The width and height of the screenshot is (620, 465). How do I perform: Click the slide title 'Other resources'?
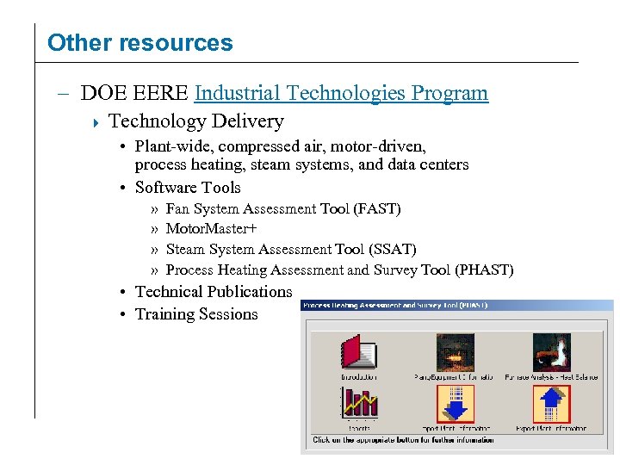[x=139, y=43]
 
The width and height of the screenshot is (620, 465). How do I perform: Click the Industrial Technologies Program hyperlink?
[x=342, y=93]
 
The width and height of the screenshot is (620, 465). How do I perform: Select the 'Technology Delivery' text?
[x=196, y=121]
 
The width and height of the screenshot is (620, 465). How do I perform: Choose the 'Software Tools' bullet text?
[x=188, y=188]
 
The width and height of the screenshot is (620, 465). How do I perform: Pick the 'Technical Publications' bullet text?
[x=214, y=292]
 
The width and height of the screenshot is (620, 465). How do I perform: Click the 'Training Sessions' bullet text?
[x=196, y=314]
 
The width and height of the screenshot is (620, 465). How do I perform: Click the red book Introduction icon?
[x=359, y=352]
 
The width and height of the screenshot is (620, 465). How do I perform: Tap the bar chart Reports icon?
[x=359, y=402]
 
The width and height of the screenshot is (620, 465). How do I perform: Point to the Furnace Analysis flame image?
[x=551, y=352]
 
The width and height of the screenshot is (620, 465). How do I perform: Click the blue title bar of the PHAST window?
[x=456, y=306]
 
